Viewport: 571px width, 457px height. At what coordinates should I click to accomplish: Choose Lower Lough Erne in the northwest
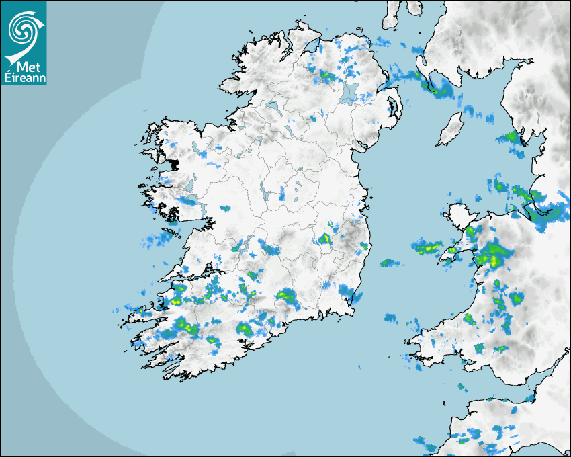(272, 106)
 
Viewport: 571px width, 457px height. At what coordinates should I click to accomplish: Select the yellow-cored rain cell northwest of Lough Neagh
(326, 75)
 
